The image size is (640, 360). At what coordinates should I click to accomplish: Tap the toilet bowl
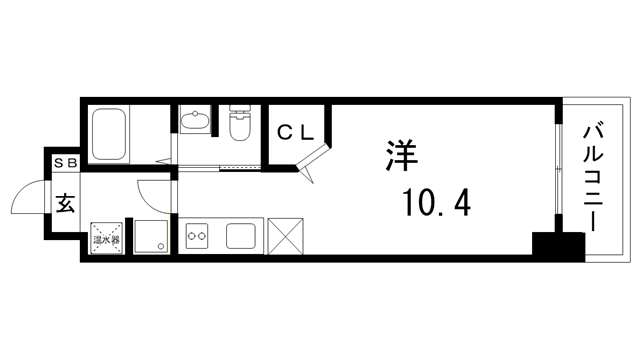240,127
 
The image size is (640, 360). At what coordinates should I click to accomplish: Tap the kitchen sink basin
243,238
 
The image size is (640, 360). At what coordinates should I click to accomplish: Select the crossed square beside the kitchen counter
286,237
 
